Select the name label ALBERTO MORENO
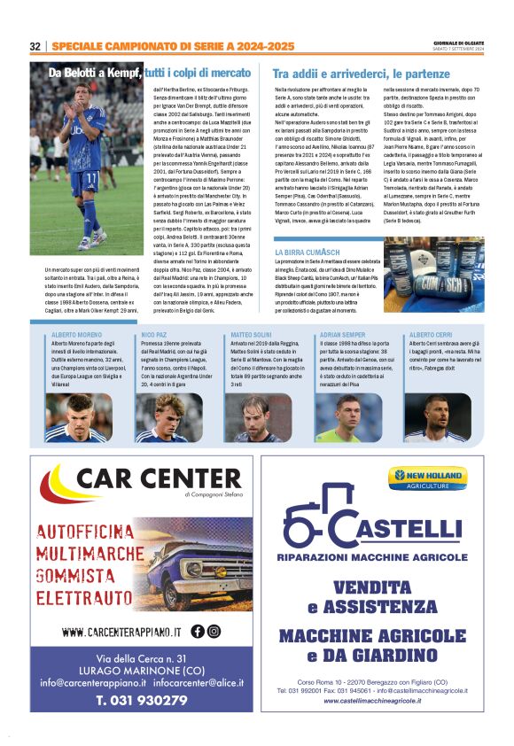77,335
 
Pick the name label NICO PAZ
154,335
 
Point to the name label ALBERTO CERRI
431,335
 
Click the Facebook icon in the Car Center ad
197,632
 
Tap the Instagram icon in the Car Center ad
214,632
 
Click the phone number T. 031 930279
143,699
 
